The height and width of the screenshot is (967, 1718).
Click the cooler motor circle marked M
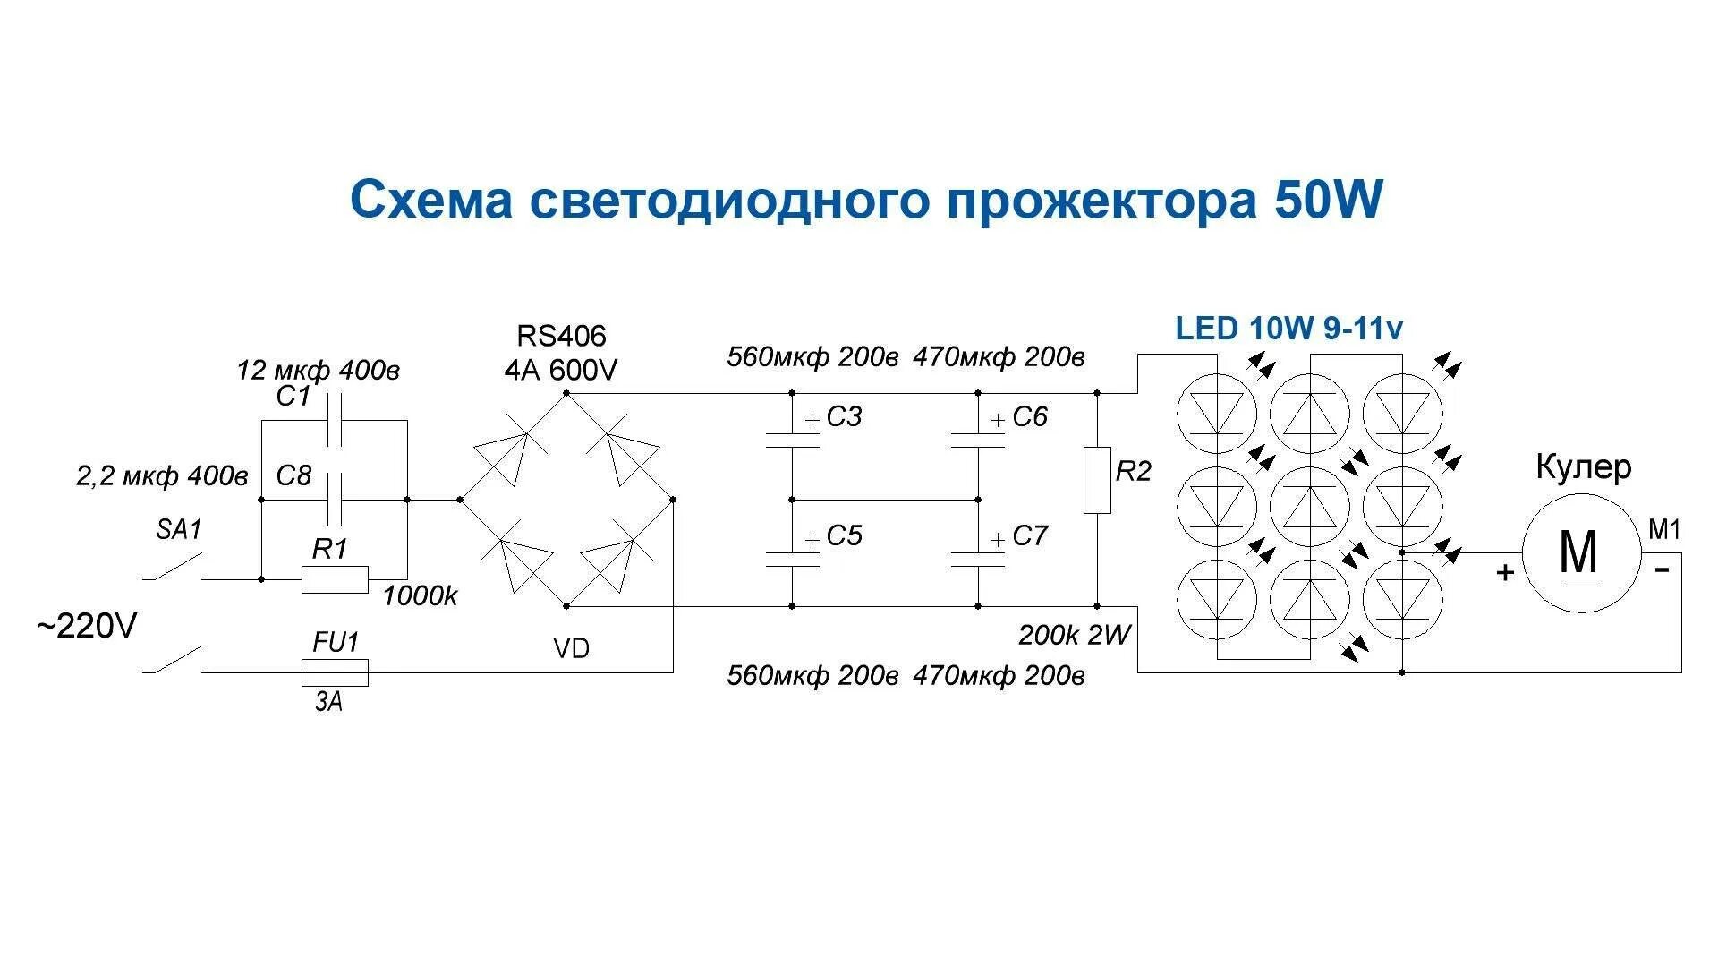1581,552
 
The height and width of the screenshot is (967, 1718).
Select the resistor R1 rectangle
335,579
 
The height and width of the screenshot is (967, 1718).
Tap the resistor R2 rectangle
1097,480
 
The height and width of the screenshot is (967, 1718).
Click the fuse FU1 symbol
335,672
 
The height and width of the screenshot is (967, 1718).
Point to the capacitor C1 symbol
335,421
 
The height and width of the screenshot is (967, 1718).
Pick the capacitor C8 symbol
335,500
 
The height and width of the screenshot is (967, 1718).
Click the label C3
844,417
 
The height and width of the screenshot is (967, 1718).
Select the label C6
1030,417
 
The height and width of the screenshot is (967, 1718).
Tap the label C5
844,536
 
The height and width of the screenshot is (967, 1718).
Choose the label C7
1030,536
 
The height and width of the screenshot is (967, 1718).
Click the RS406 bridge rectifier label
561,337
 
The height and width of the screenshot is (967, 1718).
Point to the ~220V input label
87,627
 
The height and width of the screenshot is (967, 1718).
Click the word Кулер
1583,467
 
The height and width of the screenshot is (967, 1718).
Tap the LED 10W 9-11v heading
1288,329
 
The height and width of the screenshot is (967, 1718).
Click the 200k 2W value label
1074,636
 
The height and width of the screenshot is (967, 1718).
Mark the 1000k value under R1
420,596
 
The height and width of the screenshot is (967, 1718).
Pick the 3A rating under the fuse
328,703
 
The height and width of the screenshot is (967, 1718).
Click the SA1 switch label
179,530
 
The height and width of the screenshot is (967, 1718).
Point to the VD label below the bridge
571,649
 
